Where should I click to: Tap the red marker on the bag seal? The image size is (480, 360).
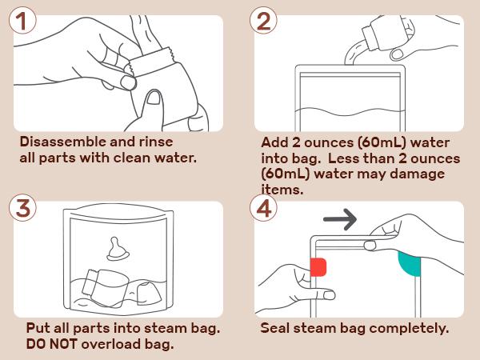[x=318, y=266]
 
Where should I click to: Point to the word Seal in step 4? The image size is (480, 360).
[x=277, y=329]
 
